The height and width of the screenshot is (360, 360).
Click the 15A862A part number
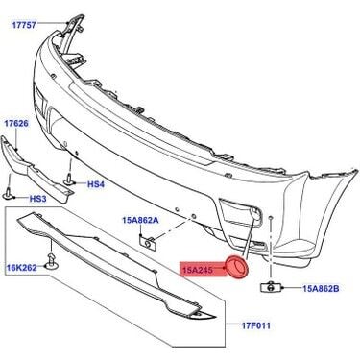(139, 221)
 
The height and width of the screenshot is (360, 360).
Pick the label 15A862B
(324, 287)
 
